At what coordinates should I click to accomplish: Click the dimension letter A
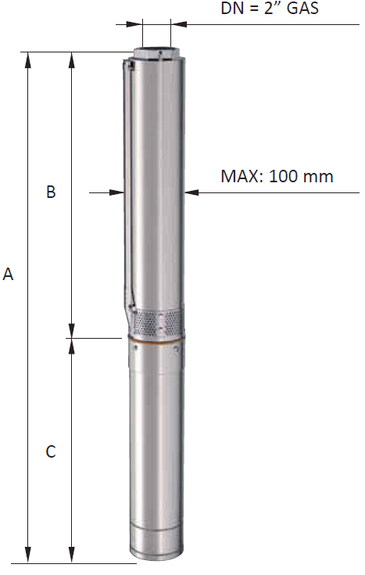pos(8,274)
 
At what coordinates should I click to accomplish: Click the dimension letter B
pos(51,192)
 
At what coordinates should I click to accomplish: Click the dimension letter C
pos(51,451)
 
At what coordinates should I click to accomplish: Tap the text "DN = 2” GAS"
pos(270,8)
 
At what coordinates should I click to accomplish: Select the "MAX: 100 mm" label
pos(277,176)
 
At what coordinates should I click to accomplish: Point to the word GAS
pos(302,8)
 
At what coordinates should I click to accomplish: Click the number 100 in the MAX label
pos(283,176)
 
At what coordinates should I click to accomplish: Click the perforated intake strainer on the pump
pos(157,322)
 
